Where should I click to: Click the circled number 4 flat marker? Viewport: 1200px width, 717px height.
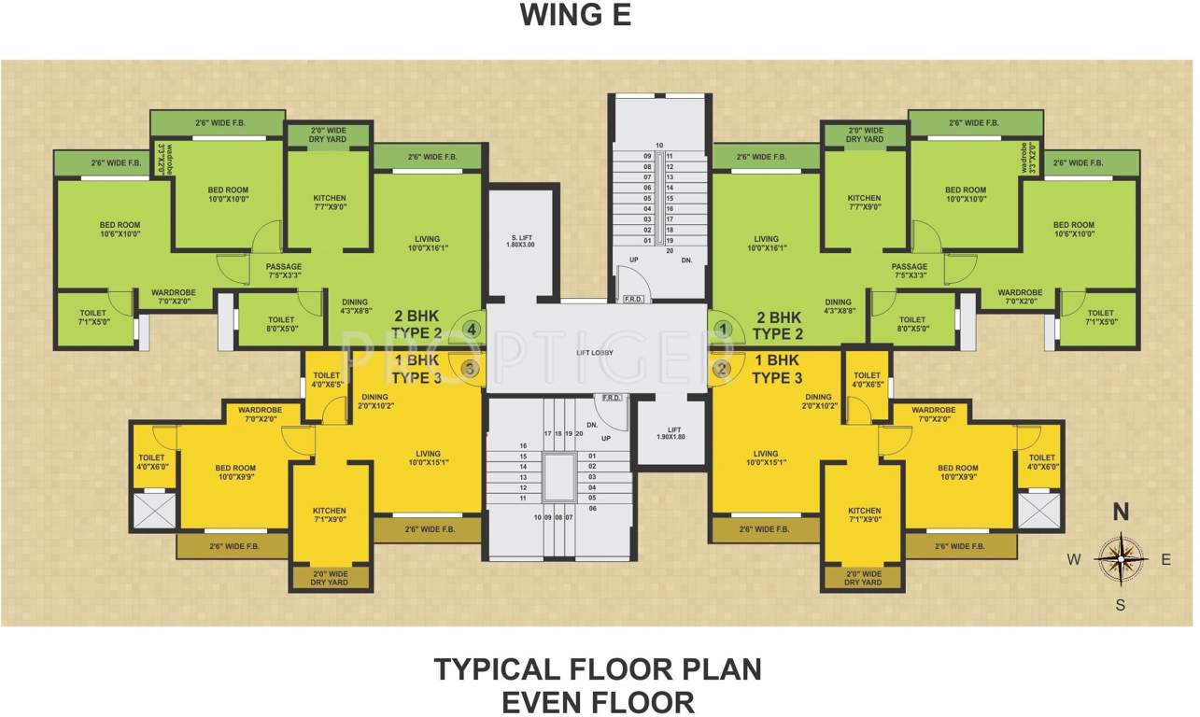472,330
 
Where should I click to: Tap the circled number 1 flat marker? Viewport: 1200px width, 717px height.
723,330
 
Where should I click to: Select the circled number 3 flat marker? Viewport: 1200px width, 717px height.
470,369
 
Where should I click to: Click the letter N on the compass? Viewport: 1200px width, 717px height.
1121,512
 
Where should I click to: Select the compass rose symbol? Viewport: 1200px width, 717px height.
1121,558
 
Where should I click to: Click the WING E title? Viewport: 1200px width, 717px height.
575,16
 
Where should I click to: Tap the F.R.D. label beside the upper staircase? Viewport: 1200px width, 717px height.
632,299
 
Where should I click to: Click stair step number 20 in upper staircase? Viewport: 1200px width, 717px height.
670,250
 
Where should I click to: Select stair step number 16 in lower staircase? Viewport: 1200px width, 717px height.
524,445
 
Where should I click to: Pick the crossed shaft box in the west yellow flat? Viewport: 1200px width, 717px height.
154,511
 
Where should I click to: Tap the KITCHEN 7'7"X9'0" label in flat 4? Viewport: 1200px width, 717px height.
330,203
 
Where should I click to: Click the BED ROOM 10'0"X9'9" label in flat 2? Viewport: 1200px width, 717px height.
957,472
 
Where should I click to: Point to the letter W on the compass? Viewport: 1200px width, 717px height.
1075,560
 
